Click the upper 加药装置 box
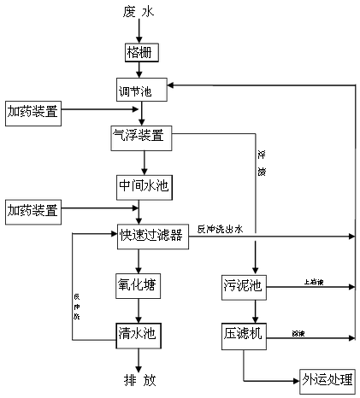click(x=32, y=111)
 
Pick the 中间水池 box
click(x=145, y=185)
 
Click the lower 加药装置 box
click(x=32, y=209)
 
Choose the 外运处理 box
click(x=328, y=379)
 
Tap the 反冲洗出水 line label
click(x=221, y=229)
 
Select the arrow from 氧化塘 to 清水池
click(x=139, y=310)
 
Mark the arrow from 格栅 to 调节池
click(x=139, y=70)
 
